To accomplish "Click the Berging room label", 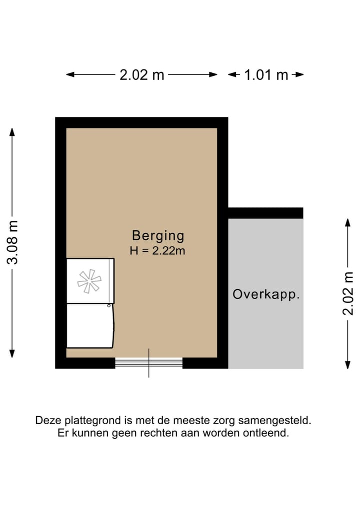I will [158, 235].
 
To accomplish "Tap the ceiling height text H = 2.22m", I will [157, 251].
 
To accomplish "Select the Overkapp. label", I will [266, 294].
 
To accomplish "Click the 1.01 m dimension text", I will [266, 75].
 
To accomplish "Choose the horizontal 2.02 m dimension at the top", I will [142, 75].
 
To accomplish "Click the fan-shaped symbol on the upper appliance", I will [89, 281].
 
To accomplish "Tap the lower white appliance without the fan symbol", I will [90, 326].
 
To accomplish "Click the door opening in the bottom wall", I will [148, 363].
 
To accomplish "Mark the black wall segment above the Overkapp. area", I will [265, 213].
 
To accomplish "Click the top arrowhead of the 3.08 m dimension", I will [12, 132].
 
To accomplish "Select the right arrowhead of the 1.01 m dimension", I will [300, 75].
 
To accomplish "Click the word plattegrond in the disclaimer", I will [86, 421].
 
